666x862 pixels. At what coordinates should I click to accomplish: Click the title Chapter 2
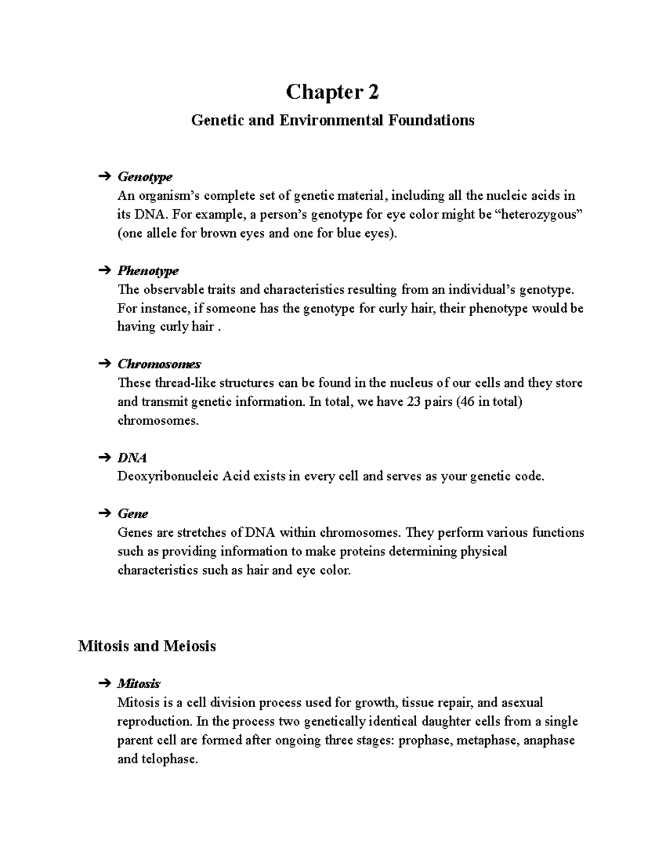(332, 92)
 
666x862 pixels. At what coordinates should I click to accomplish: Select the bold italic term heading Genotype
(144, 177)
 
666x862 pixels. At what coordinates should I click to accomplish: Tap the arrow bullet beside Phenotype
(104, 271)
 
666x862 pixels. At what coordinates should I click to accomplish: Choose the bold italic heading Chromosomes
(159, 364)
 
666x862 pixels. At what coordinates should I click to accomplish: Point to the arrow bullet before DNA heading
(104, 458)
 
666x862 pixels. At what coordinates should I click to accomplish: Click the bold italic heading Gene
(132, 514)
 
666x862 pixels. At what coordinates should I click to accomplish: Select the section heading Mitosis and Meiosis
(147, 646)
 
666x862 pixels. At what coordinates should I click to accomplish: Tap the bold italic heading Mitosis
(139, 683)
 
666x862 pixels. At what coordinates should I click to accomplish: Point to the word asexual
(522, 703)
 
